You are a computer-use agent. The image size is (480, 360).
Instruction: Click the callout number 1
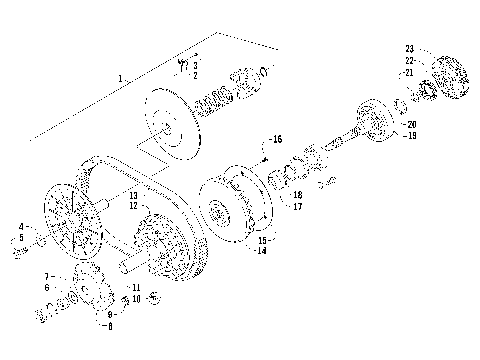120,78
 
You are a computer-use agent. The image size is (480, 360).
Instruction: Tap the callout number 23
409,49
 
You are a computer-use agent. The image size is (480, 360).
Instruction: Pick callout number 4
21,227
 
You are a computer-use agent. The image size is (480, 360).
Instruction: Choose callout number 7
46,275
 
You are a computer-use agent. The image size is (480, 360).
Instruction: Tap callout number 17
298,207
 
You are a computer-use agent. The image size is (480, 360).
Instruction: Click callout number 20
410,124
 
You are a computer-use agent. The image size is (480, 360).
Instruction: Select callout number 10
136,299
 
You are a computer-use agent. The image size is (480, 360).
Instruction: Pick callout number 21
409,73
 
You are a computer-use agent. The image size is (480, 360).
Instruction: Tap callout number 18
298,196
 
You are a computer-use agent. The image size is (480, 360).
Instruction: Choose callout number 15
261,240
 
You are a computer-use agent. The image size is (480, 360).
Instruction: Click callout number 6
46,287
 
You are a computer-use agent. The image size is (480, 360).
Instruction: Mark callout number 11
136,288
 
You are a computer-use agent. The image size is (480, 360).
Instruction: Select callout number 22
409,61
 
